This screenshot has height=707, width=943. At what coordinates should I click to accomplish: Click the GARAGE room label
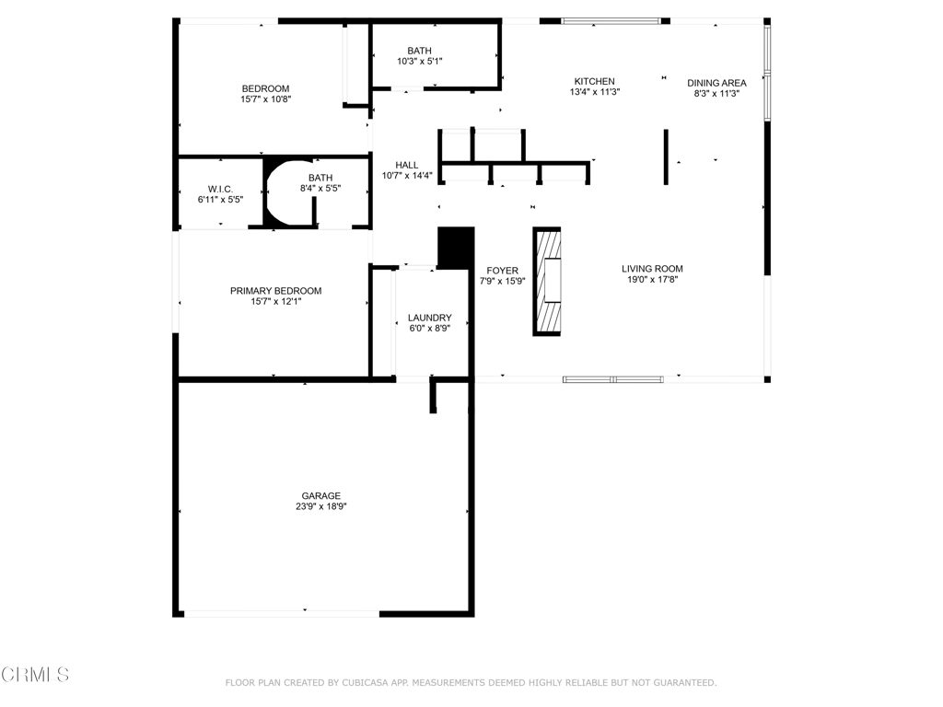tap(320, 496)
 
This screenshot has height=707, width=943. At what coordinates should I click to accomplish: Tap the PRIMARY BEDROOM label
tap(275, 291)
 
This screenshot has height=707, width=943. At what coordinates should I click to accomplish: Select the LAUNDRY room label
tap(429, 318)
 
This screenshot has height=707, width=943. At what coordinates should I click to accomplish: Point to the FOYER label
tap(502, 272)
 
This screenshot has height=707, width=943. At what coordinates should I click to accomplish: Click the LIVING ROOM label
tap(652, 269)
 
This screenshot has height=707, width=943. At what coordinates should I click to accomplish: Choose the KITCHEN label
tap(594, 82)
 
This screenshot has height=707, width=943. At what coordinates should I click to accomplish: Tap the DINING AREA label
tap(716, 83)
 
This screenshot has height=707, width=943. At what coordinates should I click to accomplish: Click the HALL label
tap(406, 166)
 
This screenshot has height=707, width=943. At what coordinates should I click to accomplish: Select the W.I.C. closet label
tap(220, 190)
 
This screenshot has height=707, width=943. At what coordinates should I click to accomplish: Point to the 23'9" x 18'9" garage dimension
tap(320, 507)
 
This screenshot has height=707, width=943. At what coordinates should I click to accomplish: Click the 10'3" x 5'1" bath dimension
tap(419, 62)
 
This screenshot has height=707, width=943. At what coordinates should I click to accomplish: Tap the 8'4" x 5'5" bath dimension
tap(320, 188)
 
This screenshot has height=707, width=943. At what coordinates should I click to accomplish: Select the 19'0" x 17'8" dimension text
tap(652, 280)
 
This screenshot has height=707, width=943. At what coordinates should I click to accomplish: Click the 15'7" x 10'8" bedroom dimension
tap(265, 99)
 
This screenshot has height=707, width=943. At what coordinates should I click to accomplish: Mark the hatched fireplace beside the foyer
tap(547, 281)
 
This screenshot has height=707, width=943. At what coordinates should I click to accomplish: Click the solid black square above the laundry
tap(456, 247)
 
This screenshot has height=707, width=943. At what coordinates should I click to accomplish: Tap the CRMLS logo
tap(35, 675)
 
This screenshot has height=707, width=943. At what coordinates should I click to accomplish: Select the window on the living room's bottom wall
tap(612, 379)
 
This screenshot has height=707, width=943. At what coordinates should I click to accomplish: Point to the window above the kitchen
tap(610, 21)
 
